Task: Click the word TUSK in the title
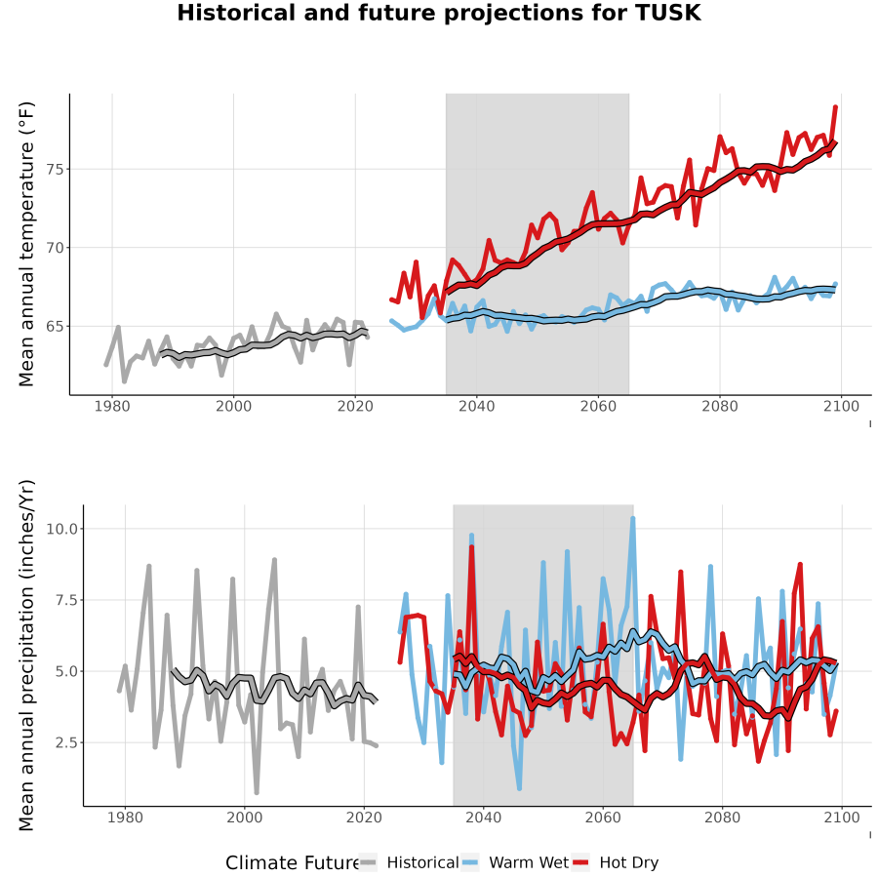coord(668,13)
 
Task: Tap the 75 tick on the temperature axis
coord(56,169)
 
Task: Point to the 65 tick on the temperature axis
coord(56,327)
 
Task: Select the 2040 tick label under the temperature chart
coord(476,406)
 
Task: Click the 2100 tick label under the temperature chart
coord(841,406)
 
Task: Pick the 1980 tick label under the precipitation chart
coord(125,818)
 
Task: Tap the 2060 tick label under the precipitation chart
coord(603,818)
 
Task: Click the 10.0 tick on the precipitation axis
coord(61,529)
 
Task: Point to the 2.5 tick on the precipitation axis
coord(66,742)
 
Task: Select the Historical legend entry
coord(409,862)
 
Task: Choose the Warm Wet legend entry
coord(515,862)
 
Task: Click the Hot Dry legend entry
coord(616,862)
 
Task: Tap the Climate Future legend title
coord(292,863)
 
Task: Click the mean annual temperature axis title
coord(26,244)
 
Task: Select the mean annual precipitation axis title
coord(26,656)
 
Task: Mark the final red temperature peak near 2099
coord(835,106)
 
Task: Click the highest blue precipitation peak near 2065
coord(633,519)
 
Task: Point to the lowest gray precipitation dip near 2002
coord(257,792)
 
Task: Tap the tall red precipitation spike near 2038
coord(471,547)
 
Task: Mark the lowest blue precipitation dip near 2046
coord(520,788)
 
